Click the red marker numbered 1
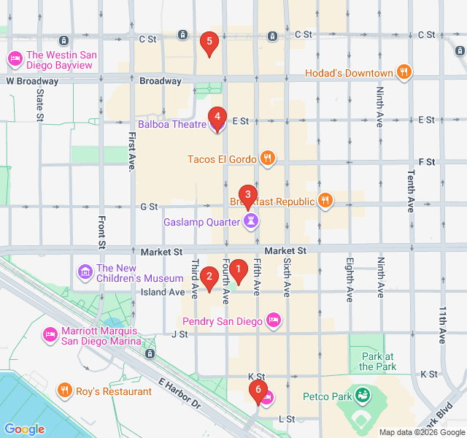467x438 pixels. pyautogui.click(x=239, y=272)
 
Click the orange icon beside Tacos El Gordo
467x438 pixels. pyautogui.click(x=268, y=158)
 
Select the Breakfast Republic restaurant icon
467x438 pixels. pyautogui.click(x=325, y=201)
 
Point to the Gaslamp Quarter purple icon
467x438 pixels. pyautogui.click(x=251, y=221)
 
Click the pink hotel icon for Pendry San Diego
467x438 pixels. pyautogui.click(x=274, y=319)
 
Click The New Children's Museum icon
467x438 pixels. pyautogui.click(x=85, y=273)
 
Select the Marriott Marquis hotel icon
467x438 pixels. pyautogui.click(x=50, y=334)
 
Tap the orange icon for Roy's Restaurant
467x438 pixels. pyautogui.click(x=65, y=391)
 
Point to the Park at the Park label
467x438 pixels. pyautogui.click(x=377, y=361)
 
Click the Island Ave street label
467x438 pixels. pyautogui.click(x=163, y=292)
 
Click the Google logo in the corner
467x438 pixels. pyautogui.click(x=25, y=429)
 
